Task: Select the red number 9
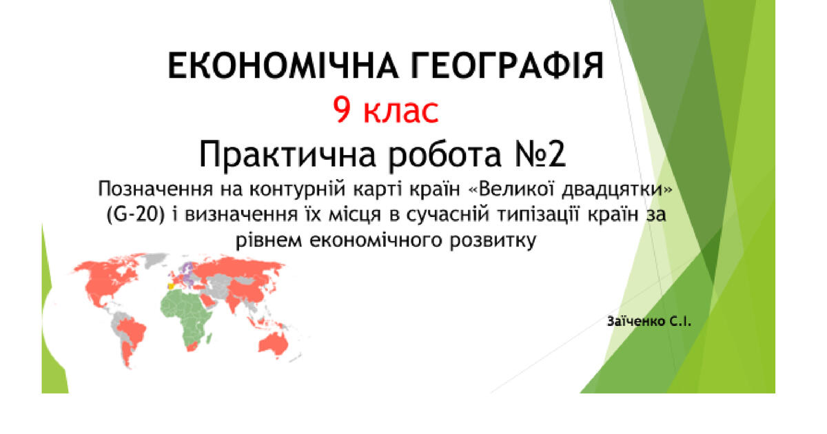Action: click(343, 110)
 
